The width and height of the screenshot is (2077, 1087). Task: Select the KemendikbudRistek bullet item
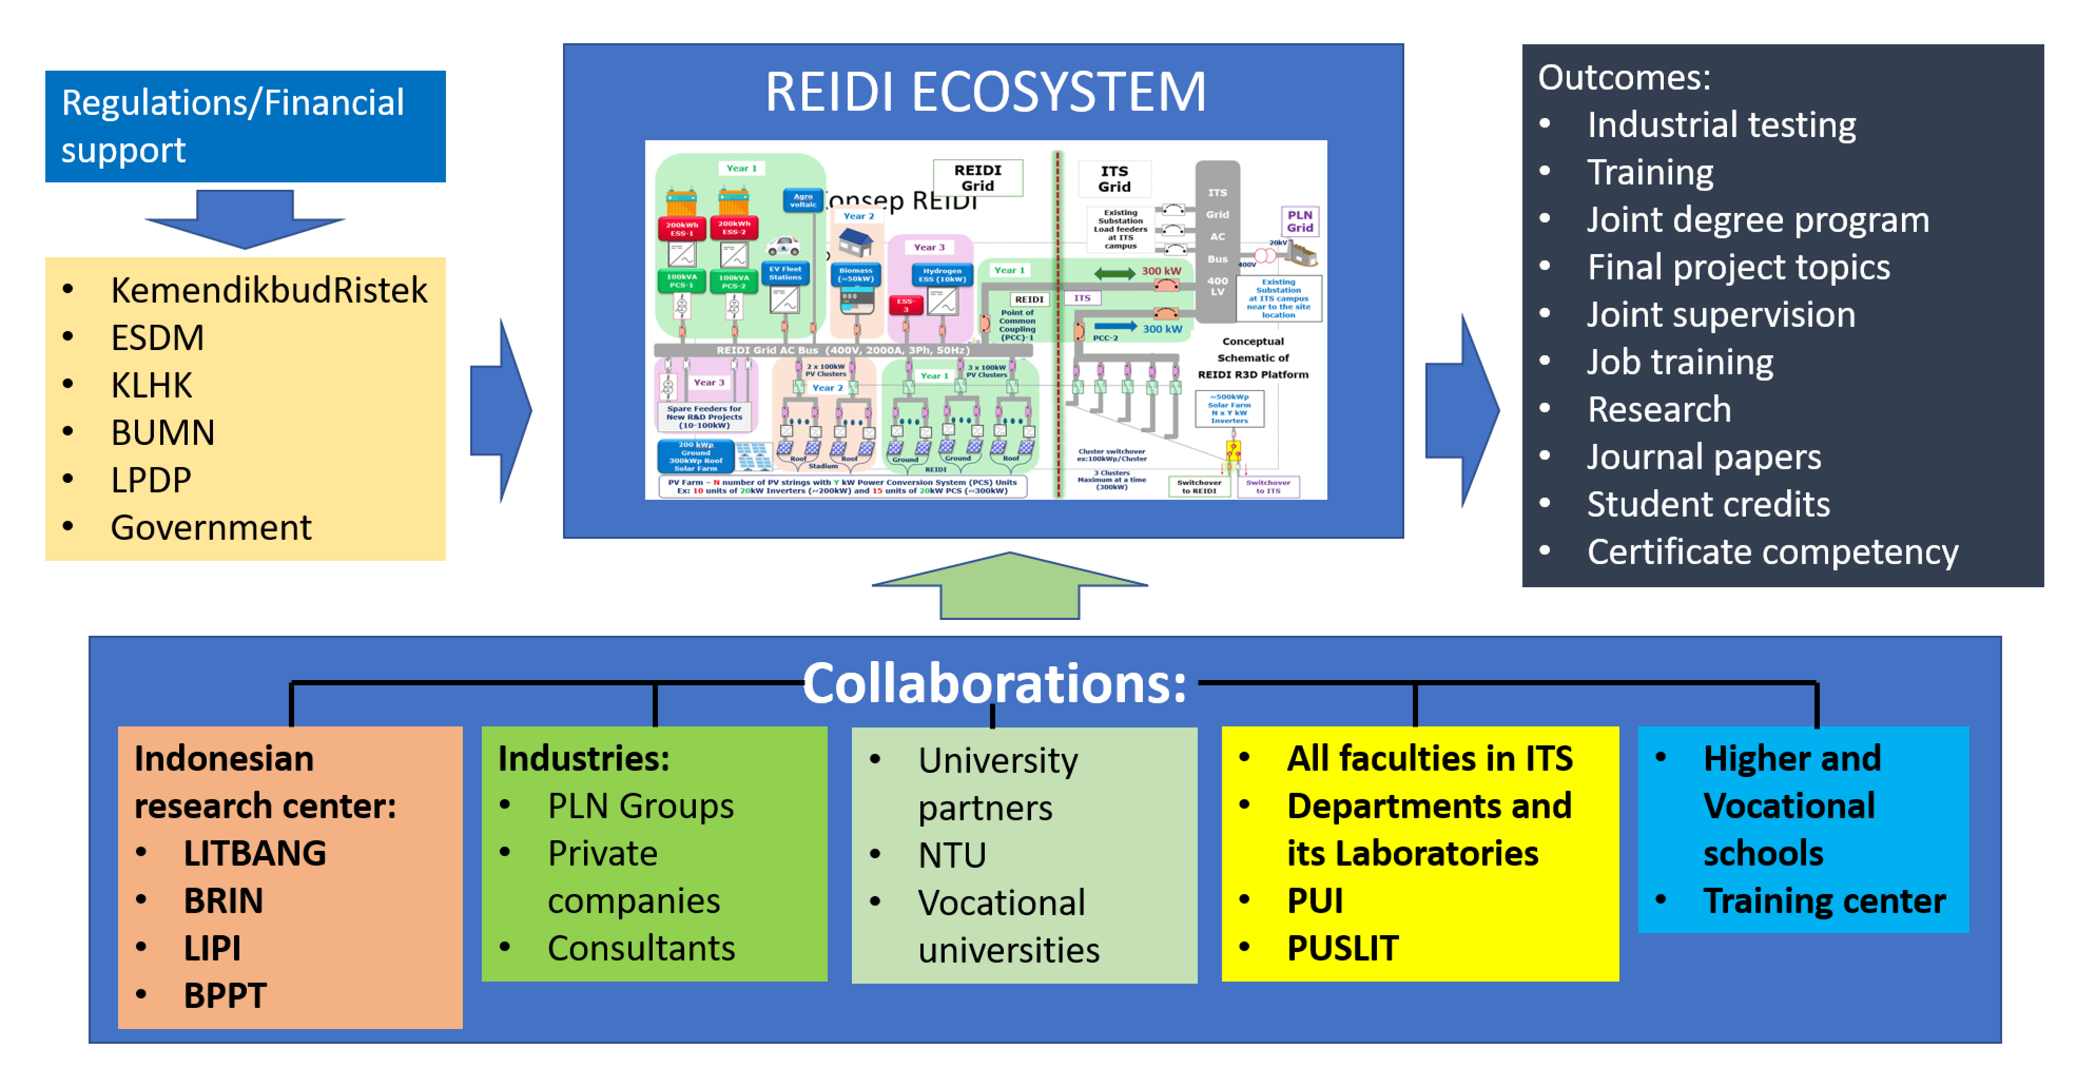pos(268,290)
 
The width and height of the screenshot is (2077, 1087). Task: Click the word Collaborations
pos(994,684)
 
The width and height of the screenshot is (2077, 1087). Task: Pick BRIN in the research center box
pos(224,901)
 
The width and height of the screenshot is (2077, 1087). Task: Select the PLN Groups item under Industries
pos(640,807)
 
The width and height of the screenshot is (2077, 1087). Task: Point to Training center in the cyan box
pos(1824,901)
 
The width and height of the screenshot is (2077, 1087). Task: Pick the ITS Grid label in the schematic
pos(1114,179)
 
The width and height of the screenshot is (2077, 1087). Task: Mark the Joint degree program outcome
pos(1758,220)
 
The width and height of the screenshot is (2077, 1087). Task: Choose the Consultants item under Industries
pos(641,948)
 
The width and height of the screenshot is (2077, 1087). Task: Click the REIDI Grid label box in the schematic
pos(977,178)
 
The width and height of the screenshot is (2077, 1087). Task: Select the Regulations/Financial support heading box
pos(245,127)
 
